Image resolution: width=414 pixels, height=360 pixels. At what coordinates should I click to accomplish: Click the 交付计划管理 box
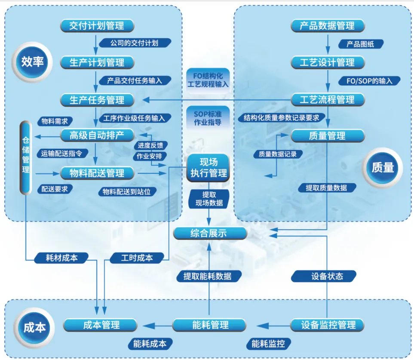(97, 26)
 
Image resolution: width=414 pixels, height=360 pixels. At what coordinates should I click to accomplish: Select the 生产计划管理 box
(97, 63)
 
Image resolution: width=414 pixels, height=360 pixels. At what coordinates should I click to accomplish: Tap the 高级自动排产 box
(97, 135)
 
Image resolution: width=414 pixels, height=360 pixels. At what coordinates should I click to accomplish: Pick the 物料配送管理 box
(97, 173)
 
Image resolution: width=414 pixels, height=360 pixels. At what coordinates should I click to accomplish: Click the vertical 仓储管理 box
(26, 157)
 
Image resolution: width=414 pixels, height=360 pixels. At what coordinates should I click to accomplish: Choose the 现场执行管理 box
(209, 168)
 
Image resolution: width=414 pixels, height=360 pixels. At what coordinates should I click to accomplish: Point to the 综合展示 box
(210, 233)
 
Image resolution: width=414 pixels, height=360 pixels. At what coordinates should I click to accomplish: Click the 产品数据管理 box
(328, 26)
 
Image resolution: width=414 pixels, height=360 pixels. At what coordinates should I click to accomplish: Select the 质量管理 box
(328, 136)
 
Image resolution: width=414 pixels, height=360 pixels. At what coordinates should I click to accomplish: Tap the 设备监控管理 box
(328, 325)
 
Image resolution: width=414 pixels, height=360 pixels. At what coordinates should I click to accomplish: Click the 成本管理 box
(101, 325)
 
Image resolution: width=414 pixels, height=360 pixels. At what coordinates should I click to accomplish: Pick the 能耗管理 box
(210, 325)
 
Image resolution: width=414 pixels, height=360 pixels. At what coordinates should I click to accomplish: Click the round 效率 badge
(32, 62)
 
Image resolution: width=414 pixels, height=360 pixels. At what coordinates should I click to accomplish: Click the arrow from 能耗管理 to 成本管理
(155, 325)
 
